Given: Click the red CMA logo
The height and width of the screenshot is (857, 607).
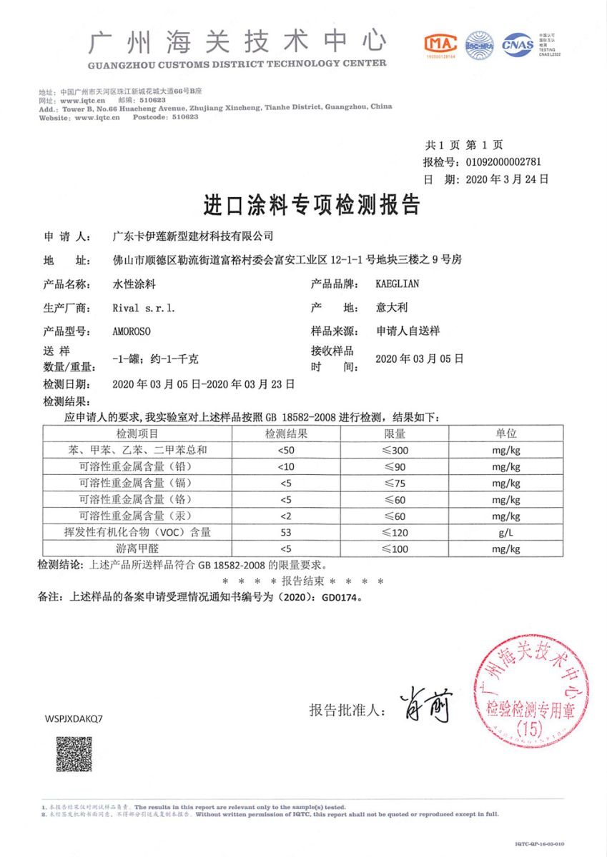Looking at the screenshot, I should tap(441, 44).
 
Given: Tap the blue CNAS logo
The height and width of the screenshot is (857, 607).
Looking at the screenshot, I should tap(518, 44).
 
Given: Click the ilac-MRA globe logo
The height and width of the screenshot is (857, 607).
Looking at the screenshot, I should tap(480, 44).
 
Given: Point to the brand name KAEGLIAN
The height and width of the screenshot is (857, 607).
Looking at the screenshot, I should tap(397, 284).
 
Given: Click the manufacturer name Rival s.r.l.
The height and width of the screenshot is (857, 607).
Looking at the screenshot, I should tap(143, 309).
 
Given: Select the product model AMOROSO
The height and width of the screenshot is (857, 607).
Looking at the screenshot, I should tap(133, 332).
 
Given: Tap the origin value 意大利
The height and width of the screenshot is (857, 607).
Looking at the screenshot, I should tap(391, 309).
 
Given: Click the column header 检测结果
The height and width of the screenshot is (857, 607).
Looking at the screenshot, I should tap(286, 433).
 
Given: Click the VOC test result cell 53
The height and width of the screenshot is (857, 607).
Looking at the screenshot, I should tap(286, 532).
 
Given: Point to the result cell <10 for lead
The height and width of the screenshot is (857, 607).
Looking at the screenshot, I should tap(286, 466).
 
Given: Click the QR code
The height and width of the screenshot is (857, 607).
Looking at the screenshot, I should tap(74, 754).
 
